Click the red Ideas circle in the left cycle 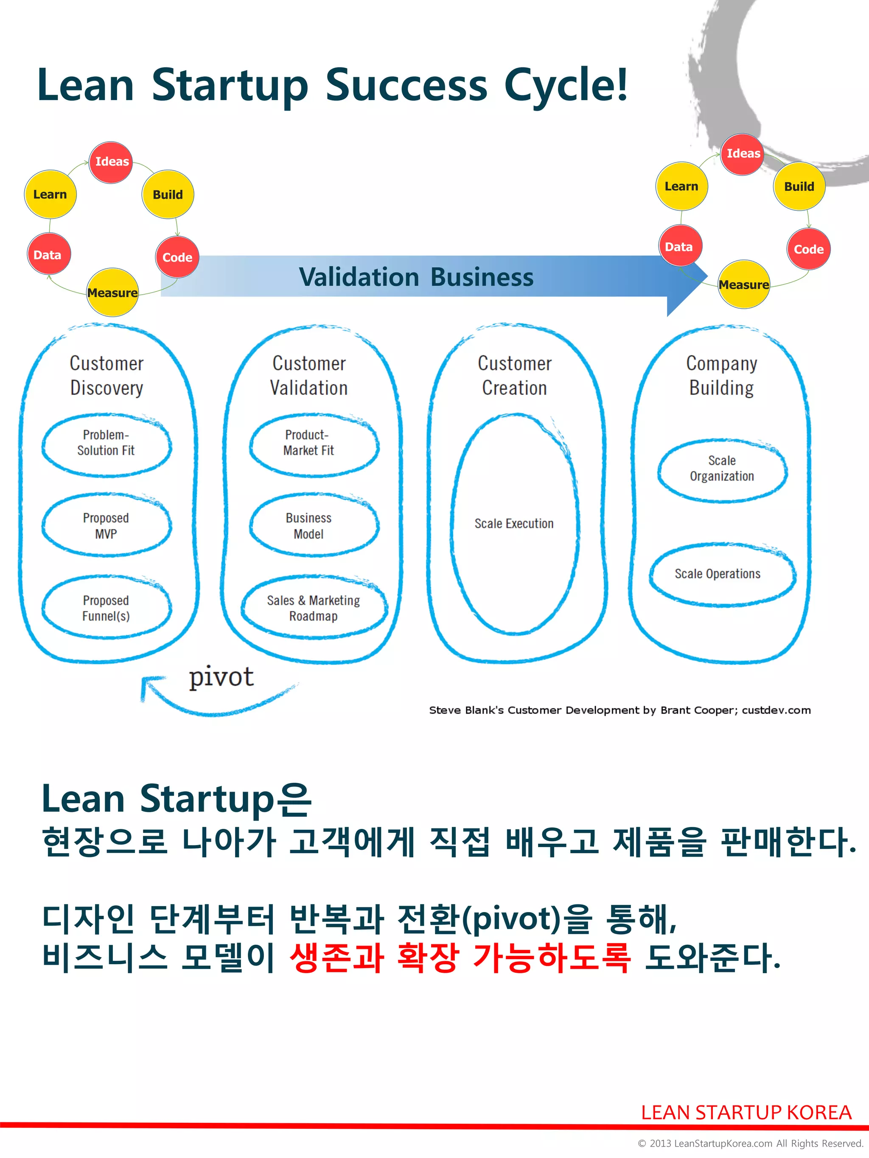tap(111, 162)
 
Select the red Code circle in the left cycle tap(177, 257)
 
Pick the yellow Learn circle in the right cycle tap(681, 187)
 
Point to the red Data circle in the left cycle tap(48, 255)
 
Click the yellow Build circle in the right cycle tap(799, 187)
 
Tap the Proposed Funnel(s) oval tap(107, 608)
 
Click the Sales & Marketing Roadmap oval tap(313, 608)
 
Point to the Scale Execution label tap(514, 524)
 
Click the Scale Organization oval tap(722, 469)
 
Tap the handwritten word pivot tap(221, 677)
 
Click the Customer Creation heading tap(514, 375)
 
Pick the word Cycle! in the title tap(565, 85)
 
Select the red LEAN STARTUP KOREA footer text tap(746, 1112)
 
